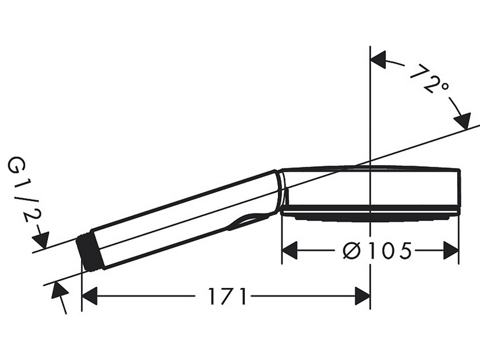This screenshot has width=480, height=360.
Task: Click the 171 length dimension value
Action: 227,296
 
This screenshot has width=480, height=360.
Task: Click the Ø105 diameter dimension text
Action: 377,251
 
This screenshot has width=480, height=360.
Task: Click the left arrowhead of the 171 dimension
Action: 89,296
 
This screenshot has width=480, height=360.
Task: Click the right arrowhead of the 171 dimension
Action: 362,296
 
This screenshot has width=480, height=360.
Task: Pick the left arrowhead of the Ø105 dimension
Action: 290,251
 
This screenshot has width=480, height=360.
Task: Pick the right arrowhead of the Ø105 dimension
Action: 451,251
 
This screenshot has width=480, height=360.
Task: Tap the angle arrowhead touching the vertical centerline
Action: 378,60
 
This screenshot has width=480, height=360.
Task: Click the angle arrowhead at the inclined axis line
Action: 462,121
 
